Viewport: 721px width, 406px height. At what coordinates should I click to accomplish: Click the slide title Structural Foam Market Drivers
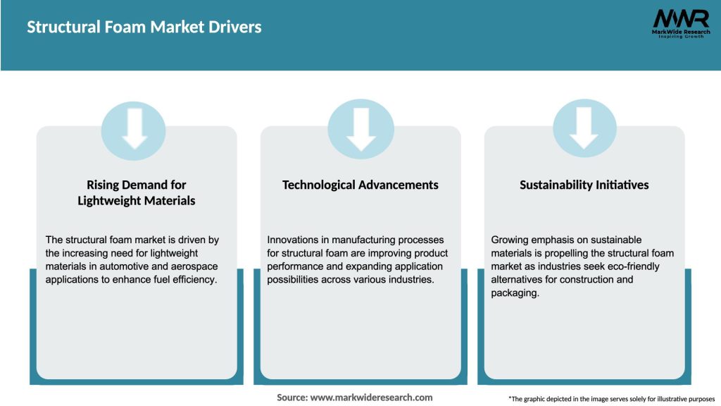pyautogui.click(x=144, y=27)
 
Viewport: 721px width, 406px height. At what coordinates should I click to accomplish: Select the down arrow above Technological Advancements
pyautogui.click(x=361, y=129)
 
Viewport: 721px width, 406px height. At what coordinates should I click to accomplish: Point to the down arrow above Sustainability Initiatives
pyautogui.click(x=584, y=129)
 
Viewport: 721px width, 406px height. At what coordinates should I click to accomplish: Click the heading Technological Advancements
pyautogui.click(x=360, y=185)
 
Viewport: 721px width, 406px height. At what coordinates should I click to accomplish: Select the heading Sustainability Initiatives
pyautogui.click(x=584, y=185)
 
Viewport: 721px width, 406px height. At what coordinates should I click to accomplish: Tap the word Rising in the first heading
pyautogui.click(x=104, y=185)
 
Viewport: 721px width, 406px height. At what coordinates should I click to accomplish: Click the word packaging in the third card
pyautogui.click(x=514, y=293)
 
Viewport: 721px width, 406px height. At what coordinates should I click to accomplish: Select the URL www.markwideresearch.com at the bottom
pyautogui.click(x=371, y=398)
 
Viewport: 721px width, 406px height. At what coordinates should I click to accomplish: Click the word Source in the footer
pyautogui.click(x=291, y=398)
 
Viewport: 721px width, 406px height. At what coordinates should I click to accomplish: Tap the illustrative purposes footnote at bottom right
pyautogui.click(x=611, y=399)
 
